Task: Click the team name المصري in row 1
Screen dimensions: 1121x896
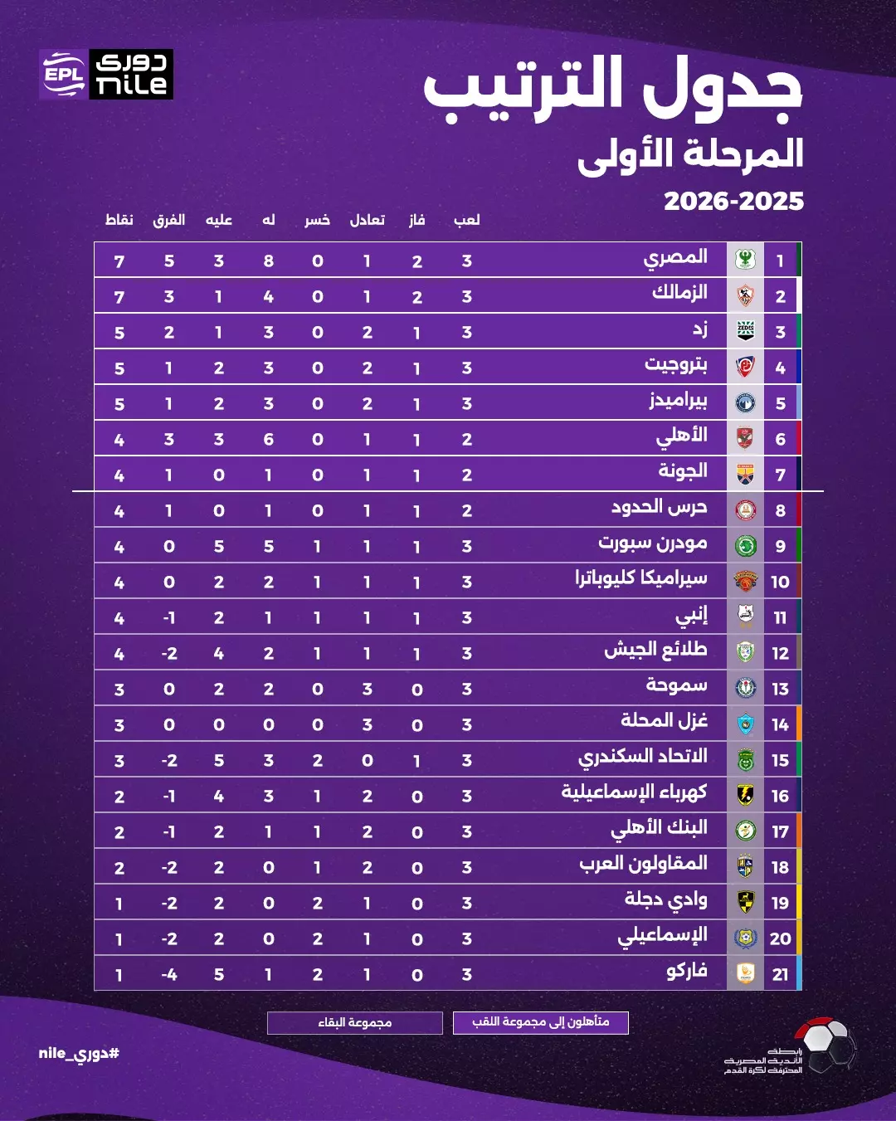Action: pos(675,258)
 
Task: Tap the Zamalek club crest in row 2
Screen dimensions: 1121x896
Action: pos(745,295)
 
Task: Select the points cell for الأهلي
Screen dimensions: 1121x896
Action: pos(119,440)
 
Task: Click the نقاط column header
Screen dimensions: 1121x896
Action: pos(119,220)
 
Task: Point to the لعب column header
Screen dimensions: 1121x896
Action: pos(467,220)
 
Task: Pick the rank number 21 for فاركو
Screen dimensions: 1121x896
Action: pos(780,974)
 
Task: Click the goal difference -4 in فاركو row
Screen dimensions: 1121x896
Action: pos(169,974)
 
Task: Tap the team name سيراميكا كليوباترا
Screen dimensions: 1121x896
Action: pos(640,578)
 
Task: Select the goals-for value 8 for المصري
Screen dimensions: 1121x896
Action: pos(268,261)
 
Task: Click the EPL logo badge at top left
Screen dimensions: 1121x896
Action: pos(64,75)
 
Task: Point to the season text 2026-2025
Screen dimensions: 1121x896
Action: pos(733,201)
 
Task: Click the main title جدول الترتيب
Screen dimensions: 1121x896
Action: pos(613,89)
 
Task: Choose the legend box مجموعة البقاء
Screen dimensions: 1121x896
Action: pos(355,1022)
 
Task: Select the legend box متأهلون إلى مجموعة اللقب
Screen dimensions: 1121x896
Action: pos(541,1022)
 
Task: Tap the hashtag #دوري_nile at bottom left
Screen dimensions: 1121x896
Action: pos(79,1054)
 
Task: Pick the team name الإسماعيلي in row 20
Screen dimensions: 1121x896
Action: pos(662,936)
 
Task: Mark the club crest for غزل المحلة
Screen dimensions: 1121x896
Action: pos(745,724)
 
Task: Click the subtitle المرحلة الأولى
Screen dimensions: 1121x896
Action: pos(690,154)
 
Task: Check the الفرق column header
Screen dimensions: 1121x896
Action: pos(169,220)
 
